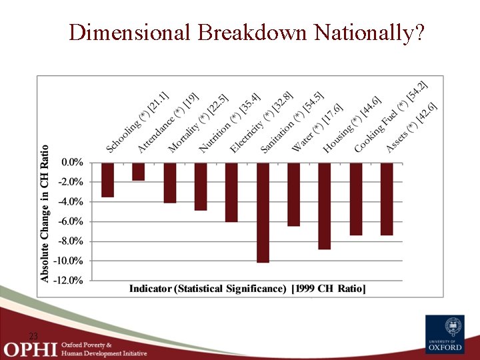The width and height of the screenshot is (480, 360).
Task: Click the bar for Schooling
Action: click(x=107, y=179)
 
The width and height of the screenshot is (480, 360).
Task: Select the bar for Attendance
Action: click(x=139, y=171)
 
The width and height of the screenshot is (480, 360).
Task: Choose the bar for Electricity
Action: click(x=231, y=192)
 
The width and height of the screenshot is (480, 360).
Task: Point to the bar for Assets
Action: click(x=387, y=199)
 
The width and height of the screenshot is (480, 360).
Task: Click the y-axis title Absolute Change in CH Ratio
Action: click(x=45, y=213)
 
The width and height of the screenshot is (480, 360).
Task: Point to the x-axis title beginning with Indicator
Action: click(x=247, y=289)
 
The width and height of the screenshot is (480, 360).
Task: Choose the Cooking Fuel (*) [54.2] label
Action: click(x=390, y=117)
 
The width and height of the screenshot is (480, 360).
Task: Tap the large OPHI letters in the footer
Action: click(x=31, y=348)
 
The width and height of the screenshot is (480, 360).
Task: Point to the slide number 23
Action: click(x=33, y=335)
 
